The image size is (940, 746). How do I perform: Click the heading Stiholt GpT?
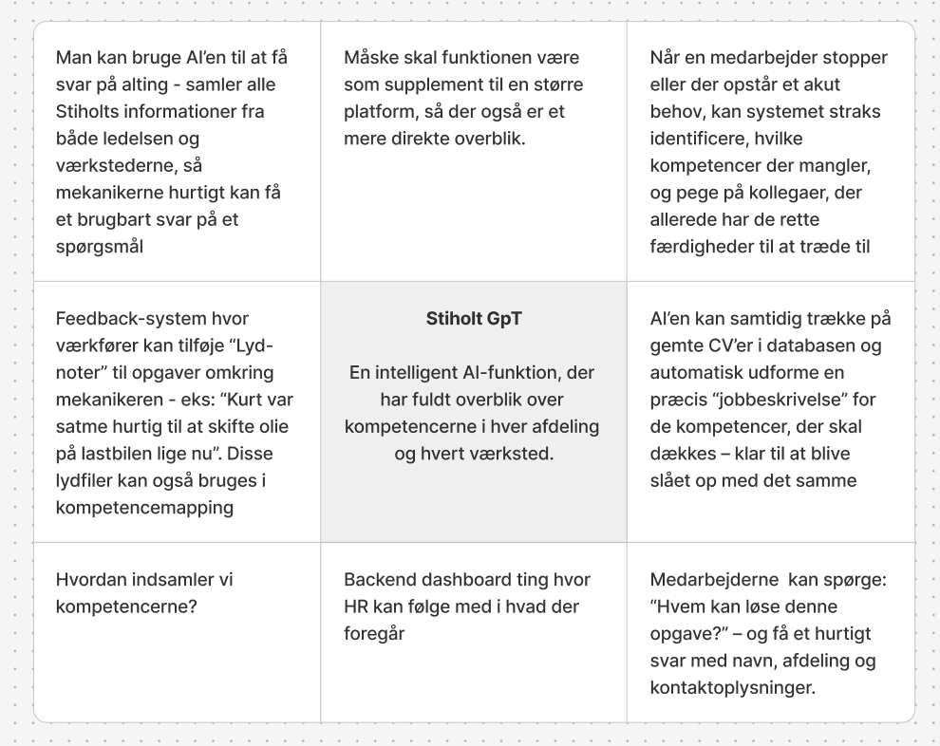click(x=474, y=319)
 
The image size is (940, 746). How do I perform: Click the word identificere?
click(x=698, y=139)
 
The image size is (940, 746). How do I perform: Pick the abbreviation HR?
click(x=357, y=606)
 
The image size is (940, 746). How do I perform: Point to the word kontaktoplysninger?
click(x=732, y=687)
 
